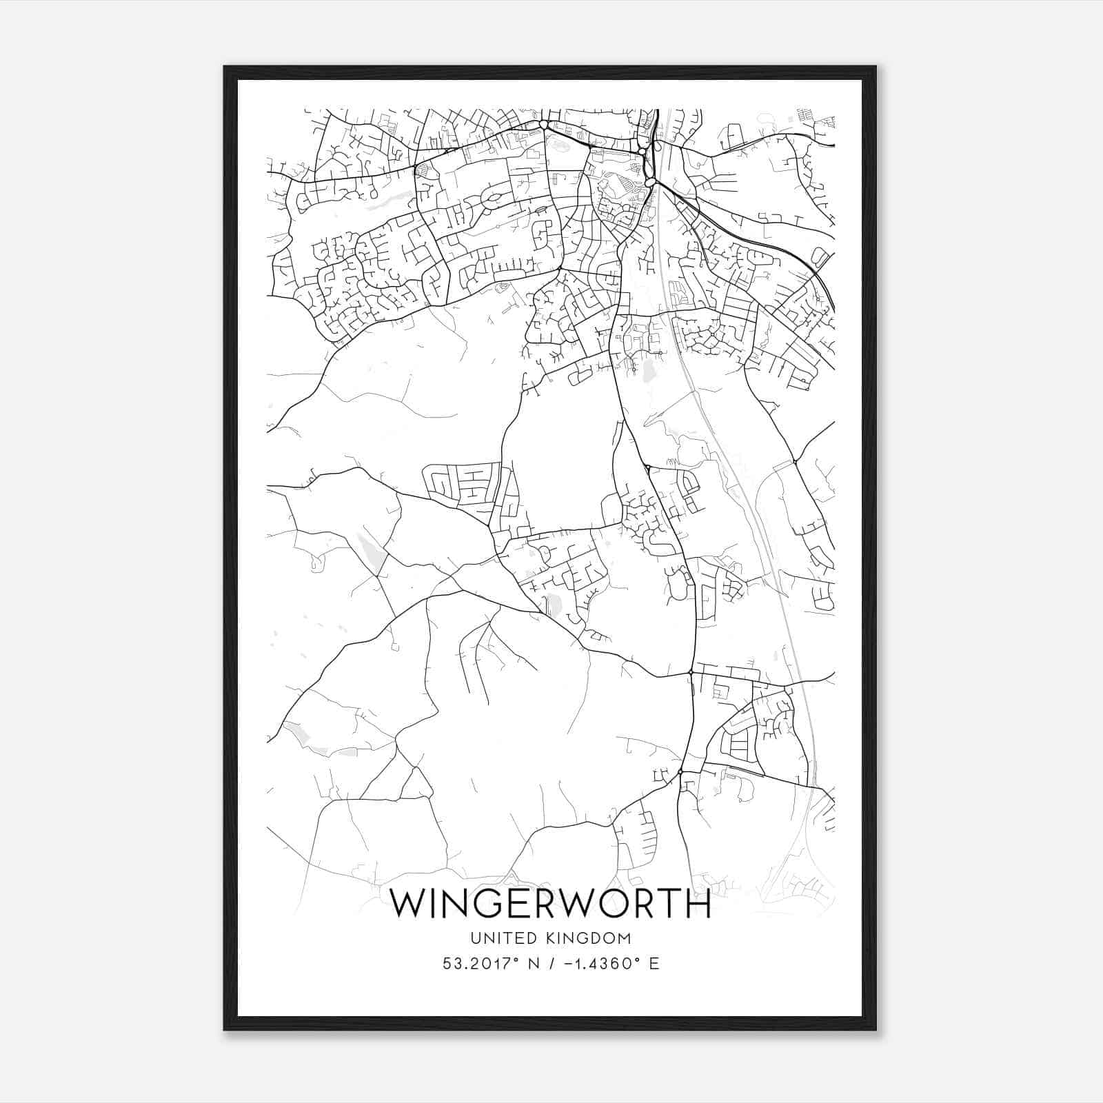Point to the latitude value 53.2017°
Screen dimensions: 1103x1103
480,964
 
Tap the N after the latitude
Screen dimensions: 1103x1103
532,964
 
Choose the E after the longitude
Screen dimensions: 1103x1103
654,964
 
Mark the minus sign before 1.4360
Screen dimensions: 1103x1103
567,964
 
